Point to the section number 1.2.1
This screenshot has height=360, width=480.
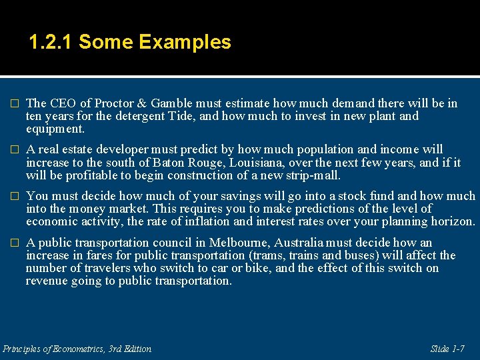(51, 43)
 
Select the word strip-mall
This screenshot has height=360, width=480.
(312, 175)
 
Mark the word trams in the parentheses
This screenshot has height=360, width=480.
(263, 255)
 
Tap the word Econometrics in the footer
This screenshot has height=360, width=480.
(74, 349)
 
